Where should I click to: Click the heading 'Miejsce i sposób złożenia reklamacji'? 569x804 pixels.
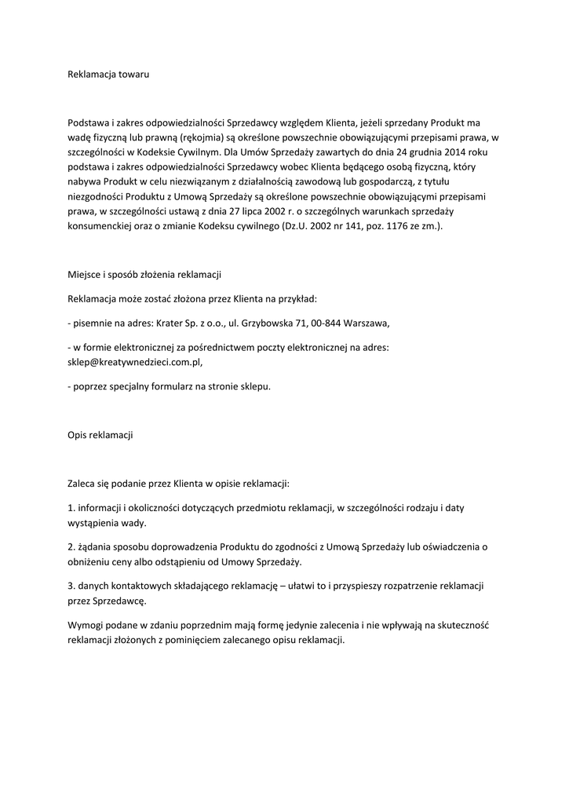(145, 275)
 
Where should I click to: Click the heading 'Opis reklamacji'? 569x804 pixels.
(100, 434)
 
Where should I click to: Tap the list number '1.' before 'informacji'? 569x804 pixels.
(72, 508)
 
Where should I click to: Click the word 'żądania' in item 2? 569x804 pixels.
(96, 546)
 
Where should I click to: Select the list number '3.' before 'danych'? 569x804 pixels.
(72, 586)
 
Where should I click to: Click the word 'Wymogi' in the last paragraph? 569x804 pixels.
(85, 626)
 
